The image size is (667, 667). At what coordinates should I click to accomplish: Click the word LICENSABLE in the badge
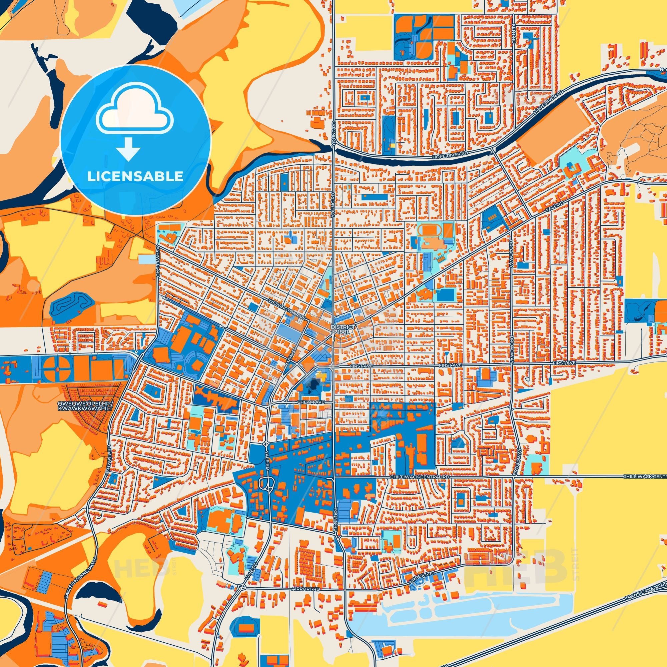click(135, 176)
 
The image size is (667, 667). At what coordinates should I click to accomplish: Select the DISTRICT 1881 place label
click(342, 329)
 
